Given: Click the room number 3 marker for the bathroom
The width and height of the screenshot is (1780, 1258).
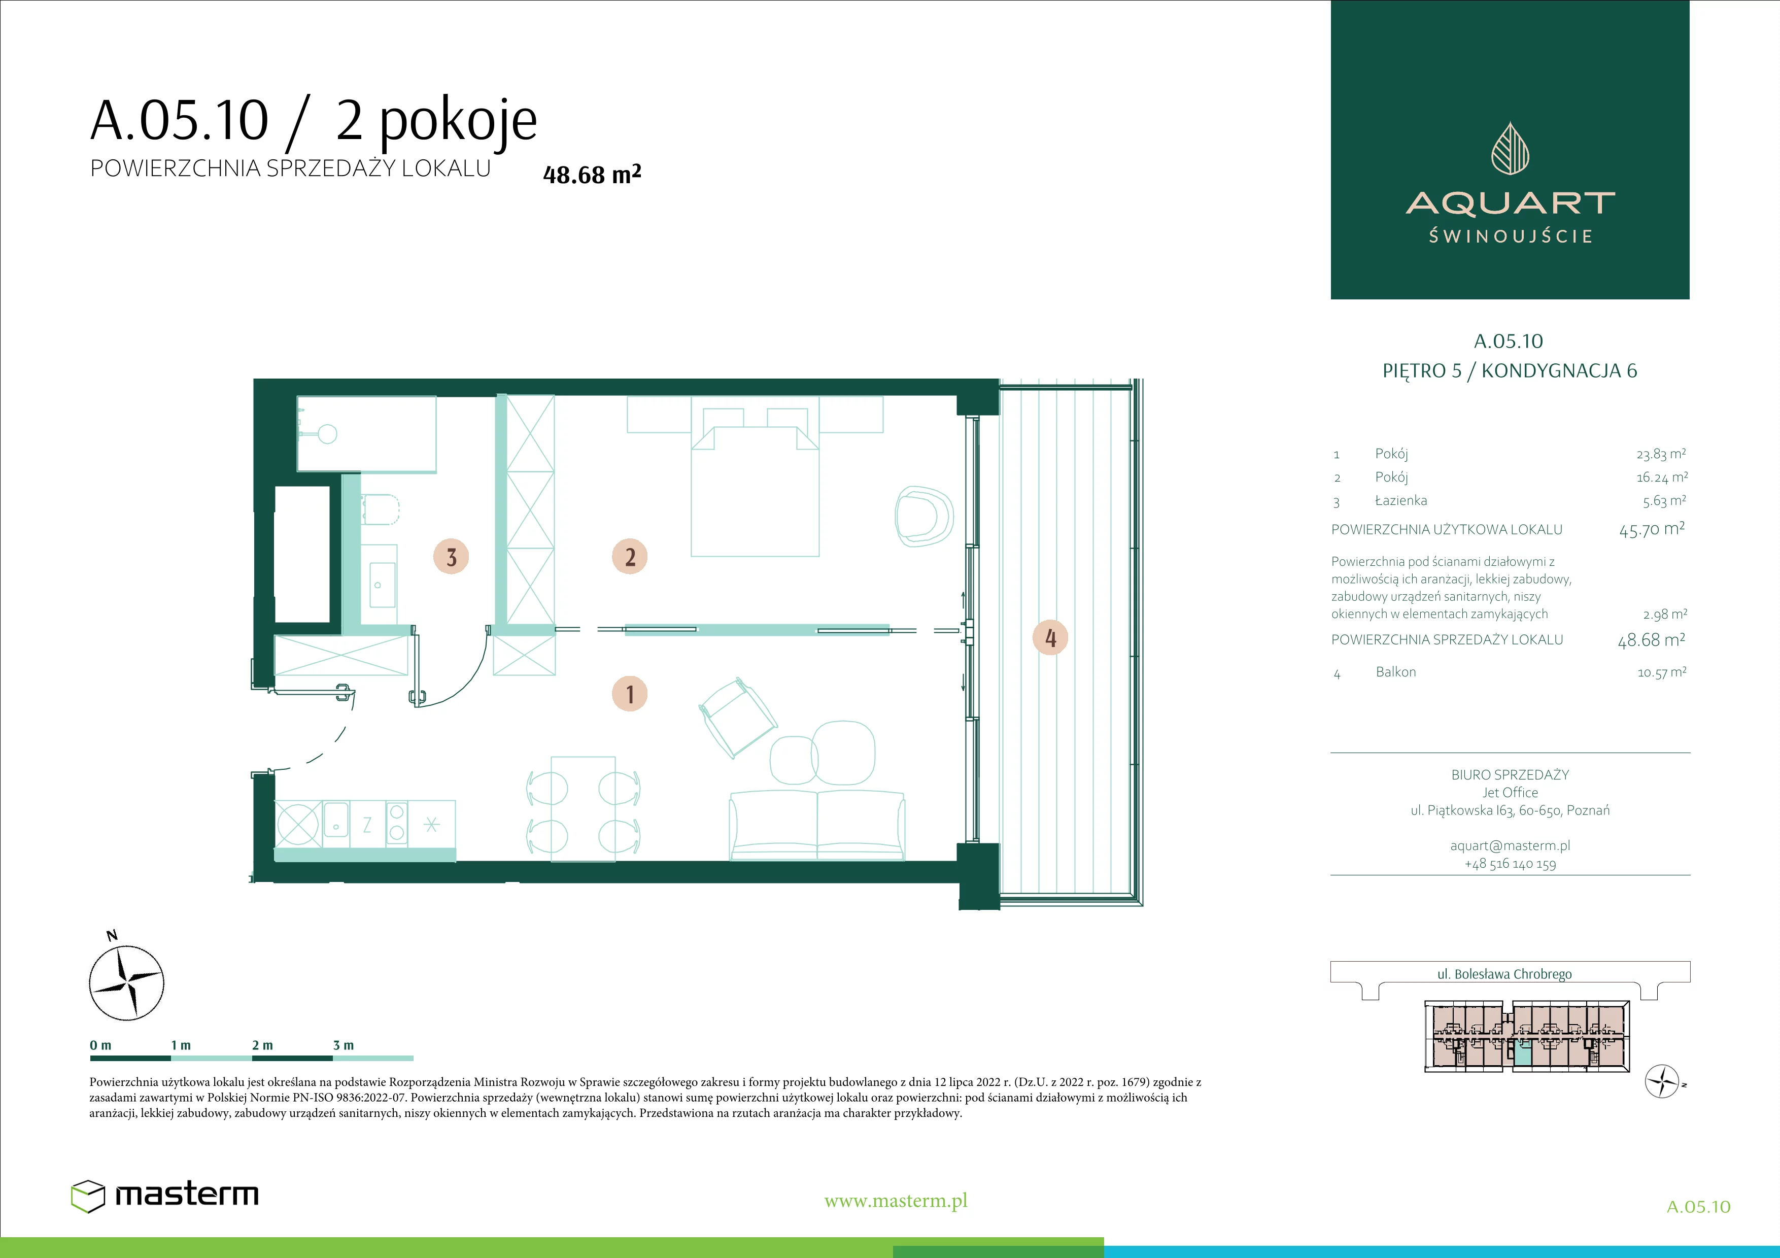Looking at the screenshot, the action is [x=451, y=557].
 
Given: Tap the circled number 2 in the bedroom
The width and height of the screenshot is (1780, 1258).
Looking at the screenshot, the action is [x=630, y=557].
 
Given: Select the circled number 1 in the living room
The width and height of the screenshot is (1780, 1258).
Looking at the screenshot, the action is [x=630, y=694].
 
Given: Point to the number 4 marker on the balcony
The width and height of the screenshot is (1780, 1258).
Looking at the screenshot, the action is [x=1050, y=638].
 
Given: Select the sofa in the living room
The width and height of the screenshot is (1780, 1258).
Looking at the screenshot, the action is [x=817, y=825].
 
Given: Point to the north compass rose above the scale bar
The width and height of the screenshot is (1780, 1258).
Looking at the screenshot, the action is [x=126, y=981].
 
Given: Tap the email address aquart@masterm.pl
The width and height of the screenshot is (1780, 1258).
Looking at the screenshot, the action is [x=1510, y=845].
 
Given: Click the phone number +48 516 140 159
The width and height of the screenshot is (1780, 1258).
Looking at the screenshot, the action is [x=1510, y=864].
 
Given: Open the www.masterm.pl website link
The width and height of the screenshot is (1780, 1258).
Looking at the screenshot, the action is [x=896, y=1201].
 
